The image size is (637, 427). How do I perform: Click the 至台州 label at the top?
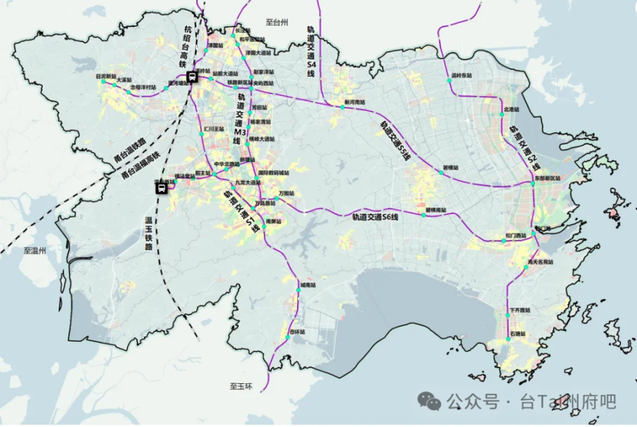click(277, 22)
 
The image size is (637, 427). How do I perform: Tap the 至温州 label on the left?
click(34, 251)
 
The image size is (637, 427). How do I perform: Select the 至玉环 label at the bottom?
click(242, 386)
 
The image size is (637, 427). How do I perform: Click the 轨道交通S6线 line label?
click(376, 217)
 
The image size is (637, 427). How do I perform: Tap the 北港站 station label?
click(511, 109)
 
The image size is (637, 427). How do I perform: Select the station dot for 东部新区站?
click(532, 184)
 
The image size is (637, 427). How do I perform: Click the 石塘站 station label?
click(518, 334)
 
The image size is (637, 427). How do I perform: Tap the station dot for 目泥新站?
click(115, 84)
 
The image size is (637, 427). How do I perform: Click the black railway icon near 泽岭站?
click(191, 76)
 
